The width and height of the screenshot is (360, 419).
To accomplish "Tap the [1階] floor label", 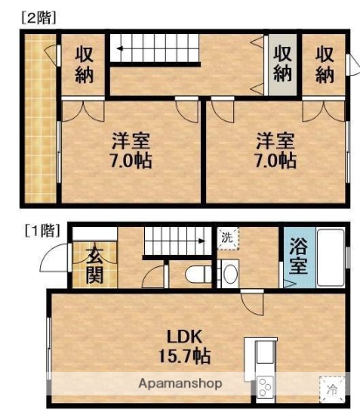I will [41, 231].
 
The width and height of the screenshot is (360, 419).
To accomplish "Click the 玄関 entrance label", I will [93, 265].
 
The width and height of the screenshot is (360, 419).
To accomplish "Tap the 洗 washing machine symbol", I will [227, 237].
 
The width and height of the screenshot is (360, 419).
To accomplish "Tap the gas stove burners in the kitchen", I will [265, 385].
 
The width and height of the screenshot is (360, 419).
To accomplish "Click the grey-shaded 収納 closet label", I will [281, 63].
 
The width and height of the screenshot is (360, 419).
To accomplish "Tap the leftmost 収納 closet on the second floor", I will [83, 63].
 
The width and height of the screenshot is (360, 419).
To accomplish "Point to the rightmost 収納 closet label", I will [324, 63].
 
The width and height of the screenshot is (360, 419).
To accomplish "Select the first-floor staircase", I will [178, 238].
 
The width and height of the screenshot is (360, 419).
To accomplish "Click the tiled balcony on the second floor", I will [38, 113].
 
